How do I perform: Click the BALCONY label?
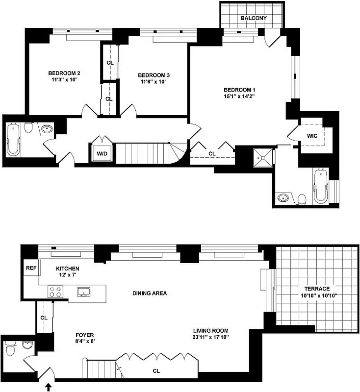[x=253, y=18]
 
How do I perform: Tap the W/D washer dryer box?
[x=102, y=153]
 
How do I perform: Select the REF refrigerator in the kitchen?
[x=31, y=268]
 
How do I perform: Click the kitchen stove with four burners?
[x=56, y=292]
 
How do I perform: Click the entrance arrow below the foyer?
[x=48, y=387]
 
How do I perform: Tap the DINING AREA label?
[x=150, y=294]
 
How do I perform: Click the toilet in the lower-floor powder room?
[x=10, y=351]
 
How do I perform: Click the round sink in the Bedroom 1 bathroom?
[x=283, y=198]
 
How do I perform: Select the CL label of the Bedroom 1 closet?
[x=211, y=154]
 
